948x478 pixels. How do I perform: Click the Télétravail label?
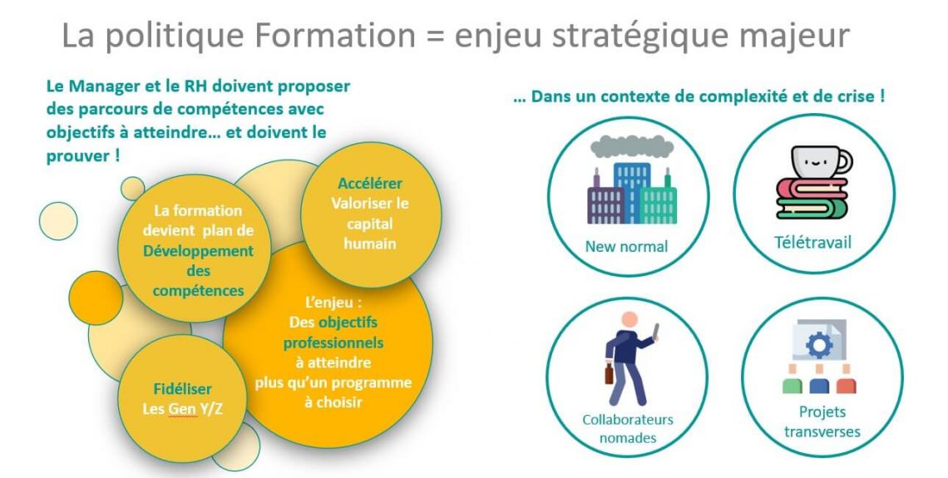point(812,242)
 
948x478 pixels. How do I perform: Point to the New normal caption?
point(626,247)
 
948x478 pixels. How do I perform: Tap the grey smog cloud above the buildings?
point(632,146)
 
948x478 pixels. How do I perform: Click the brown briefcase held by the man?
point(609,373)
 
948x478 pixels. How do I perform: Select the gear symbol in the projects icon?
point(819,345)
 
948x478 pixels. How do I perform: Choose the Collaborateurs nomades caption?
point(628,428)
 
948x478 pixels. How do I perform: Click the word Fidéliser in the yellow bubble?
point(183,389)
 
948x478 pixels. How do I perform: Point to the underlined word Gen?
point(182,409)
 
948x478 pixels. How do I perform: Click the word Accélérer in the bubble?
point(370,183)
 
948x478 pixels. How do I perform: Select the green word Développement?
point(198,251)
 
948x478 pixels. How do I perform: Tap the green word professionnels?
point(333,343)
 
